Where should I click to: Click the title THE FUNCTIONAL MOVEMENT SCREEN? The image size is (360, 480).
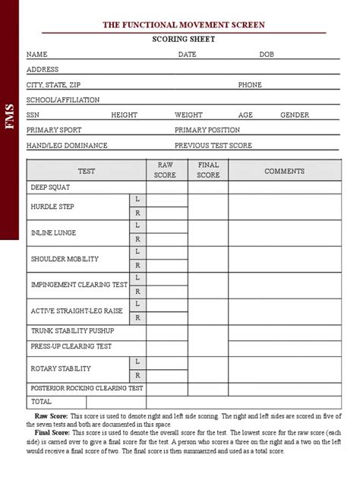[184, 26]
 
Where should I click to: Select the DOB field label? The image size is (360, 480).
[266, 55]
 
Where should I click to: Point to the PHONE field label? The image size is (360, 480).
[250, 85]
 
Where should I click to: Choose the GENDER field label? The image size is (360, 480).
[295, 115]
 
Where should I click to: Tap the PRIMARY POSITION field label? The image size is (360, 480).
[207, 130]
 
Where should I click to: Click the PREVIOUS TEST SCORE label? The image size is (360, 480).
[213, 144]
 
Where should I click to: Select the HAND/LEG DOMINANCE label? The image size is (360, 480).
[67, 144]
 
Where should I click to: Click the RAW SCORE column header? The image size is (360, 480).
[166, 170]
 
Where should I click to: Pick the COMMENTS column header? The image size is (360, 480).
[284, 171]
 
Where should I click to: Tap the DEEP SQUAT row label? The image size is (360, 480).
[50, 186]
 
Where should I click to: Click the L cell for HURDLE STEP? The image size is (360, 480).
[137, 199]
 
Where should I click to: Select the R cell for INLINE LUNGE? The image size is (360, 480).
[137, 238]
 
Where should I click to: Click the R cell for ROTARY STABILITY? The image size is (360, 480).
[137, 375]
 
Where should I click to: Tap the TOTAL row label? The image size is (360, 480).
[41, 401]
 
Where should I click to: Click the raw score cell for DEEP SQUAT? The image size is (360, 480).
[166, 186]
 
